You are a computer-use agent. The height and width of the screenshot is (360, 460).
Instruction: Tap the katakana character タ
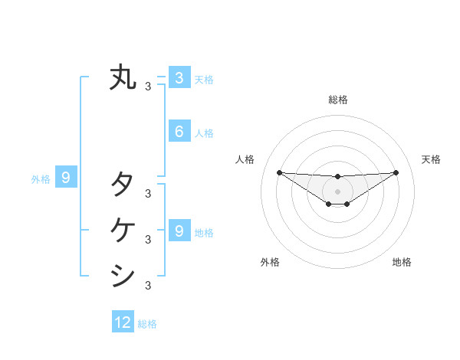(123, 184)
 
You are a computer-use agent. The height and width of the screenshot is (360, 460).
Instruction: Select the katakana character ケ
(123, 228)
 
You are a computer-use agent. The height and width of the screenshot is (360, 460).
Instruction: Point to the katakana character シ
(123, 274)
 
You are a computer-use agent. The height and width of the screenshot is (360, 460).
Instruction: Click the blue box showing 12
(123, 322)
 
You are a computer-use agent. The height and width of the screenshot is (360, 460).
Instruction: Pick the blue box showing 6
(179, 132)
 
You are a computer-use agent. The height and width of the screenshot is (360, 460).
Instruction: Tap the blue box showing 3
(179, 77)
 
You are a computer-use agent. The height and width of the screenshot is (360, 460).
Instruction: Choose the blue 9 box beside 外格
(66, 178)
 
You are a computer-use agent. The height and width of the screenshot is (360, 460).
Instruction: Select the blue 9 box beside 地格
(179, 231)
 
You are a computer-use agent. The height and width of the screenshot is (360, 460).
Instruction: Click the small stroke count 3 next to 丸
(148, 87)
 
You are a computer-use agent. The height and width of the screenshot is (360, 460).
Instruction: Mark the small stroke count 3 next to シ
(148, 286)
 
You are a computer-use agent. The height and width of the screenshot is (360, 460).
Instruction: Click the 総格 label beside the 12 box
(147, 324)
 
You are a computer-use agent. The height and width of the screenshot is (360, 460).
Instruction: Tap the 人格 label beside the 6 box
(204, 133)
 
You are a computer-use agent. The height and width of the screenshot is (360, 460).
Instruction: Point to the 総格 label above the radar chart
(337, 100)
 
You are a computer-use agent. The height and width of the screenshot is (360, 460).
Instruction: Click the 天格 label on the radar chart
(431, 159)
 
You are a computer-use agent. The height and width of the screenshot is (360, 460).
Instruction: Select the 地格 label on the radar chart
(402, 262)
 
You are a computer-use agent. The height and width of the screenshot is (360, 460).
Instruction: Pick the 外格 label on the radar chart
(270, 262)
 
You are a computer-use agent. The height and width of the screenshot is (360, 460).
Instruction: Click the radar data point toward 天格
(396, 172)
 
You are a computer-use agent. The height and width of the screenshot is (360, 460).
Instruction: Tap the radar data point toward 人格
(279, 172)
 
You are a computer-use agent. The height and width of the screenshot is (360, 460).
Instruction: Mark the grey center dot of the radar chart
(337, 191)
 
